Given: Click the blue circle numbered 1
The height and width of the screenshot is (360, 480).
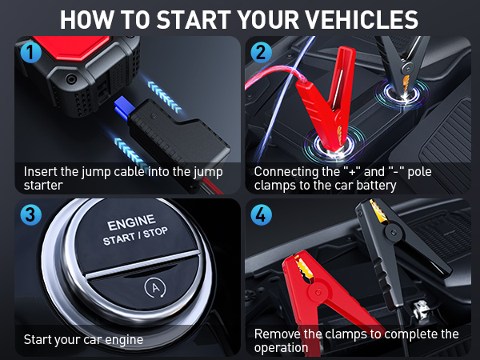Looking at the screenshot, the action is click(x=30, y=52).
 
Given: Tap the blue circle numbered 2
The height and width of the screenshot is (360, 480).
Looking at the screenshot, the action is click(x=261, y=52).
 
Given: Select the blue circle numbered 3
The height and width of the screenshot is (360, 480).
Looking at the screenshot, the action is click(x=30, y=215).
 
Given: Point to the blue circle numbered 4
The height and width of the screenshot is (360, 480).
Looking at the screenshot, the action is click(x=261, y=215).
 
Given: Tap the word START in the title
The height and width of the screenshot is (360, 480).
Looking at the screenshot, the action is click(x=194, y=20).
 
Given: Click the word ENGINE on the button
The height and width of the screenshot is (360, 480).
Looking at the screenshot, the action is click(x=131, y=222).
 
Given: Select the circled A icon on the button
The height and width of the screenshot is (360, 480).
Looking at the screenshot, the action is click(x=155, y=288).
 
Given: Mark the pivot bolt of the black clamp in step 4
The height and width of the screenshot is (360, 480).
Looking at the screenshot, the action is click(x=393, y=233).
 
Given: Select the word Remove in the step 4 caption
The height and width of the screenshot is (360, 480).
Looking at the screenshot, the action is click(x=278, y=334).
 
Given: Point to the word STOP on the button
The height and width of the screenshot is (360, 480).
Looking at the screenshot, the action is click(x=155, y=233).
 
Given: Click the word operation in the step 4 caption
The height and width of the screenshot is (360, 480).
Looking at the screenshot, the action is click(x=281, y=348).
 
